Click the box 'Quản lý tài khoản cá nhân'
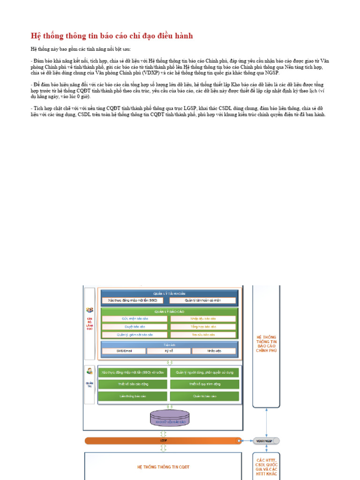click(202, 300)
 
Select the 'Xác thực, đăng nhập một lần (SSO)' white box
click(133, 300)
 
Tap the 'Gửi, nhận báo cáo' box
click(135, 319)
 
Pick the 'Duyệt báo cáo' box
click(135, 327)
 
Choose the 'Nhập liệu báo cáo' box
click(203, 319)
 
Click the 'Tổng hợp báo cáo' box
click(203, 327)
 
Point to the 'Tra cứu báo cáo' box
click(203, 335)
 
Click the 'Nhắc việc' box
click(213, 351)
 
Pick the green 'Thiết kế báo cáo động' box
click(133, 384)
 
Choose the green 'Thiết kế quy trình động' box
click(204, 384)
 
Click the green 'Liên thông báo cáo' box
click(133, 396)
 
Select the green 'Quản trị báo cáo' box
click(204, 396)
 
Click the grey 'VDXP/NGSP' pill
click(266, 441)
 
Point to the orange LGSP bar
click(163, 441)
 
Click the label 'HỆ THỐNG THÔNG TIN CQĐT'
click(163, 467)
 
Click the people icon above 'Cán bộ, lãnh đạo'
click(89, 310)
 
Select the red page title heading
click(112, 36)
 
